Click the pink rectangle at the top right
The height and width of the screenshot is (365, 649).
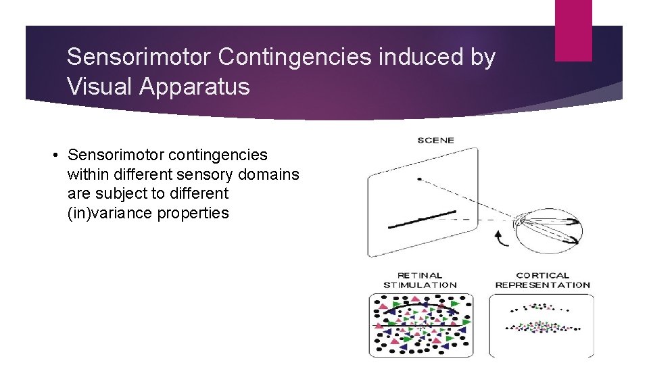pyautogui.click(x=573, y=30)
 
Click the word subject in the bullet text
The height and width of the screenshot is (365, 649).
pyautogui.click(x=116, y=193)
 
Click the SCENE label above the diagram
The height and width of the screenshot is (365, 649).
pyautogui.click(x=436, y=141)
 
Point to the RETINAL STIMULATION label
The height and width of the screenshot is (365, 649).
pyautogui.click(x=420, y=280)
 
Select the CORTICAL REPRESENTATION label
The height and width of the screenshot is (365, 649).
pyautogui.click(x=542, y=280)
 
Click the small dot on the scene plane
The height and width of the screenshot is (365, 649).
pyautogui.click(x=420, y=179)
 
